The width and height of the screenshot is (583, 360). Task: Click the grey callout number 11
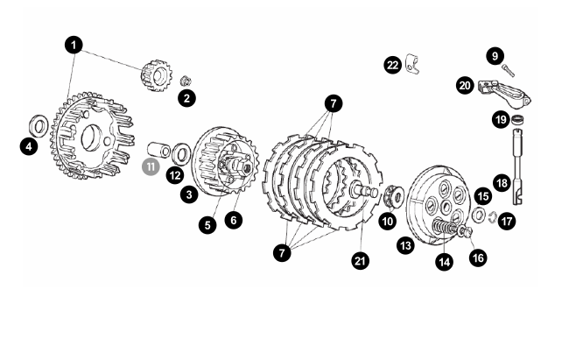click(151, 166)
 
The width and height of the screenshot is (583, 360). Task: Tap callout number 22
click(393, 65)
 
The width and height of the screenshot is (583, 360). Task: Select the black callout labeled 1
click(74, 45)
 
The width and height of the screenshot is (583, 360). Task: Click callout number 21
click(360, 261)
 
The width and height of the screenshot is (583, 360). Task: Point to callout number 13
click(405, 245)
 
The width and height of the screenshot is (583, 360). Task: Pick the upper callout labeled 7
click(334, 103)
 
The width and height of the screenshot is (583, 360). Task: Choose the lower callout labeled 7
click(282, 253)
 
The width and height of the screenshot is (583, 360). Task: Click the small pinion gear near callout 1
click(157, 75)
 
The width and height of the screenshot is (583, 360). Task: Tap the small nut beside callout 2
click(186, 81)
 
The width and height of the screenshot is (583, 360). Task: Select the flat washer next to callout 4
click(39, 126)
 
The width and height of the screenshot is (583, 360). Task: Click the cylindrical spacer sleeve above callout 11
click(158, 150)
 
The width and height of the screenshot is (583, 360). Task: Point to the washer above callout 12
click(181, 153)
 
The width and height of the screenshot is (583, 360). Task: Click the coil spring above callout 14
click(446, 227)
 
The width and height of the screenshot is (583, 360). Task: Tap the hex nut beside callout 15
click(479, 215)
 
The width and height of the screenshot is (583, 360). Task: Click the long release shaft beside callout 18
click(518, 166)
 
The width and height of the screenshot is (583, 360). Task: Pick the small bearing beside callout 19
click(517, 120)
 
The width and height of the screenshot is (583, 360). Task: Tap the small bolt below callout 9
click(508, 70)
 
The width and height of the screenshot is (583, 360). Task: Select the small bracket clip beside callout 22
click(412, 64)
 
